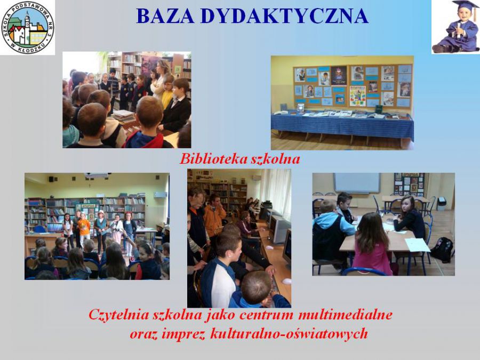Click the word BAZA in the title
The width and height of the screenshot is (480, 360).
coord(165,16)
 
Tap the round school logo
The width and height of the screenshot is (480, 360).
coord(28,28)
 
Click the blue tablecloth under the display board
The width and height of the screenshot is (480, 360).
coord(342,125)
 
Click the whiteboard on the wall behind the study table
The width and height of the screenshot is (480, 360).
coord(357,183)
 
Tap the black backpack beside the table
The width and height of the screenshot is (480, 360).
coord(442,250)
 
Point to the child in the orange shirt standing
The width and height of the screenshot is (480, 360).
coord(84,228)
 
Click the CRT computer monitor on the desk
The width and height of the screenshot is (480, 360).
coord(279,229)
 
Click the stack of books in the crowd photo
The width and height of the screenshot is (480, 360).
coord(123,116)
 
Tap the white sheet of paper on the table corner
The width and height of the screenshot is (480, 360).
coord(417,245)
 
